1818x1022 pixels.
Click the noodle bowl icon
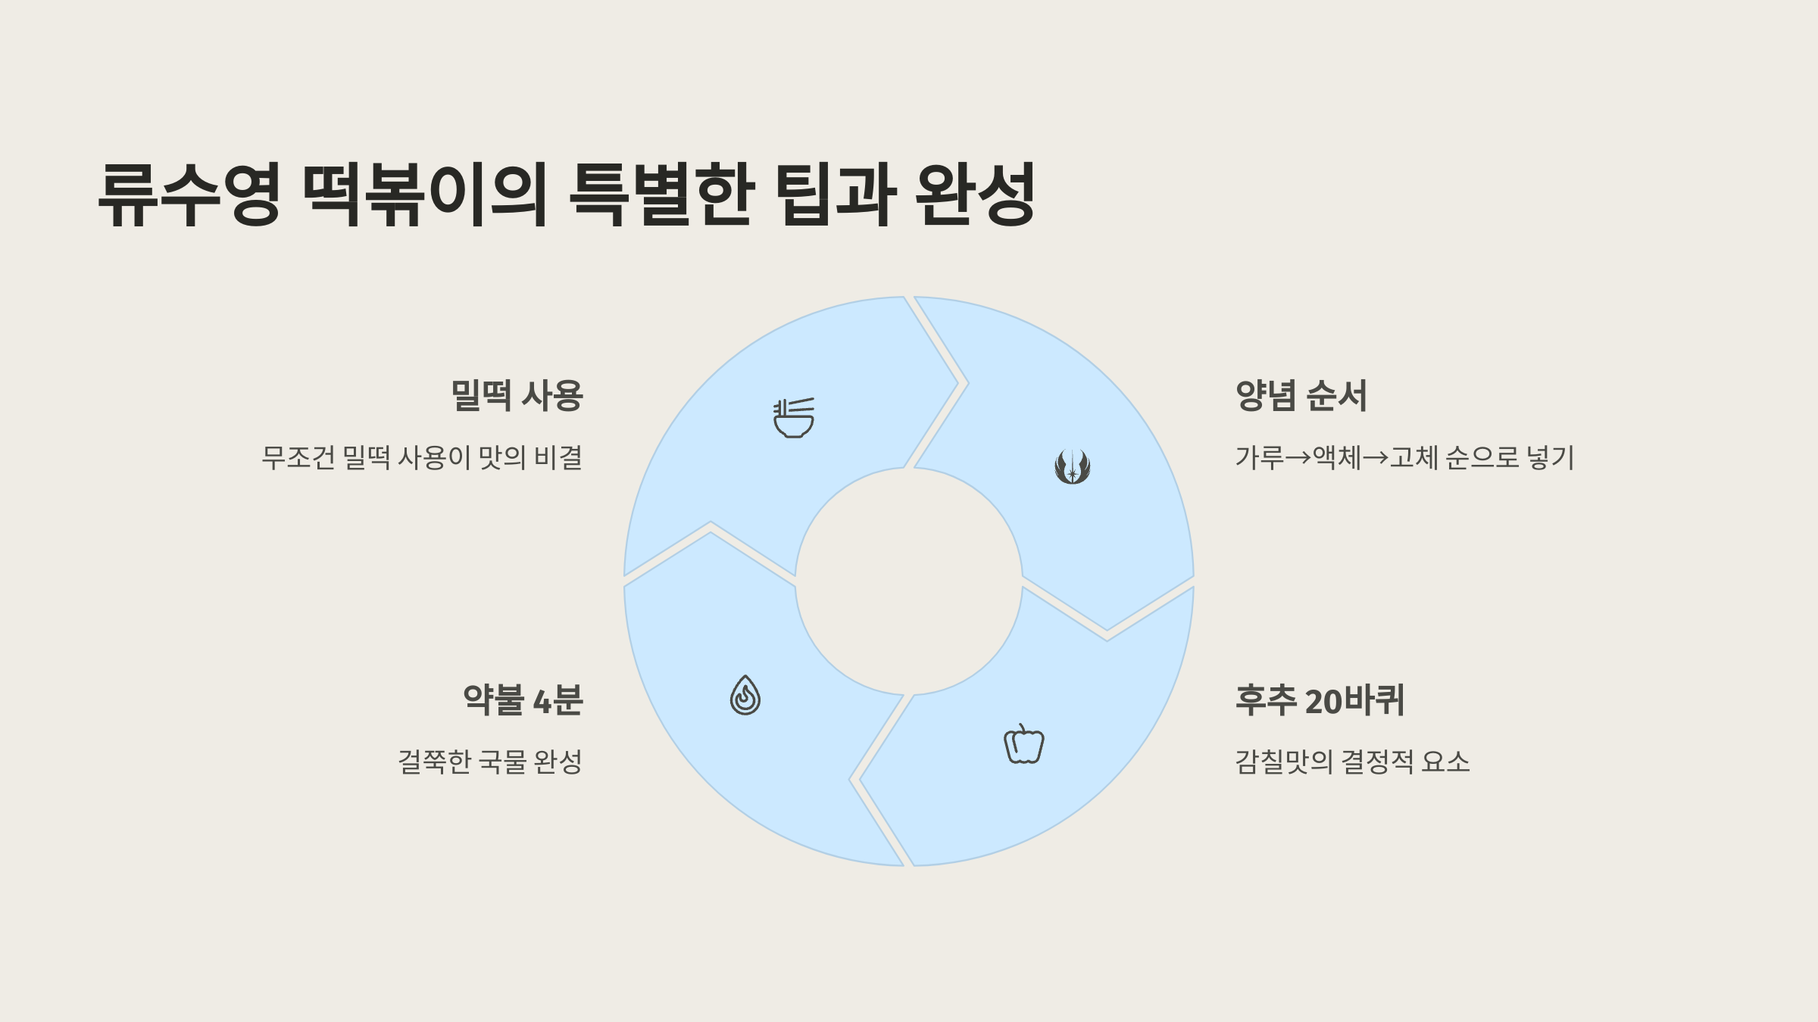[x=794, y=418]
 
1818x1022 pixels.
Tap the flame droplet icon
[x=745, y=695]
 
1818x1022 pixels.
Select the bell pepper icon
[x=1024, y=744]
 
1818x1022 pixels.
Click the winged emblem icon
[x=1073, y=466]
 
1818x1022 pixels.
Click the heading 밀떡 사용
[x=517, y=396]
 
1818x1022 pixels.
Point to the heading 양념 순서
[x=1301, y=396]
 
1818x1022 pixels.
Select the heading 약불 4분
[x=523, y=700]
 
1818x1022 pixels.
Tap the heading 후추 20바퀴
[x=1320, y=700]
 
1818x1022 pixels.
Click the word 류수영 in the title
[x=189, y=195]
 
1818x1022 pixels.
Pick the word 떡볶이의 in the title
[x=425, y=195]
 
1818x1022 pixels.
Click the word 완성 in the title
[x=975, y=195]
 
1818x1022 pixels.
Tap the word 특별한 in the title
[x=661, y=195]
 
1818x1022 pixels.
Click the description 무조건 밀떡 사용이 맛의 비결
[x=422, y=458]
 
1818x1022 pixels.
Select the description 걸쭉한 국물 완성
[x=490, y=762]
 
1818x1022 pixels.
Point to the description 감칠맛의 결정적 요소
[x=1352, y=762]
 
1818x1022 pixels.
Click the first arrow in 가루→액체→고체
[x=1298, y=458]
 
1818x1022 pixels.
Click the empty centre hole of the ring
[x=908, y=581]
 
